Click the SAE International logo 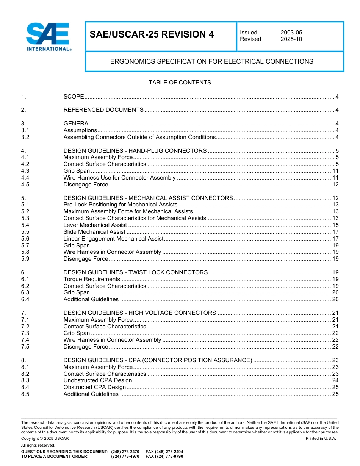48,37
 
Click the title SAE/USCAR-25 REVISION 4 152,35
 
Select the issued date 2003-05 291,33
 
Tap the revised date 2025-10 291,39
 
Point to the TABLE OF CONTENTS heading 180,83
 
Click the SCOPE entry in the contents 74,97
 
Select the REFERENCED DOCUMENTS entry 103,110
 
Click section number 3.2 25,137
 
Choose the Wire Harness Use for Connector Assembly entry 119,178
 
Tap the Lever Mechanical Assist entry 95,225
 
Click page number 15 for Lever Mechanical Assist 335,225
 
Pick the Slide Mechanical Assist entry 94,232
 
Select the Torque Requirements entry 92,279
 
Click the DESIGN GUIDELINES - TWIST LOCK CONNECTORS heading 135,272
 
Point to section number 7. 23,313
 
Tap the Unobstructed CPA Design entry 98,380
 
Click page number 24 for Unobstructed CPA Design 335,380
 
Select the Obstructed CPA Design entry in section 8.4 94,387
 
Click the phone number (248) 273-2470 125,452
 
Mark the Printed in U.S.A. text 321,438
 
